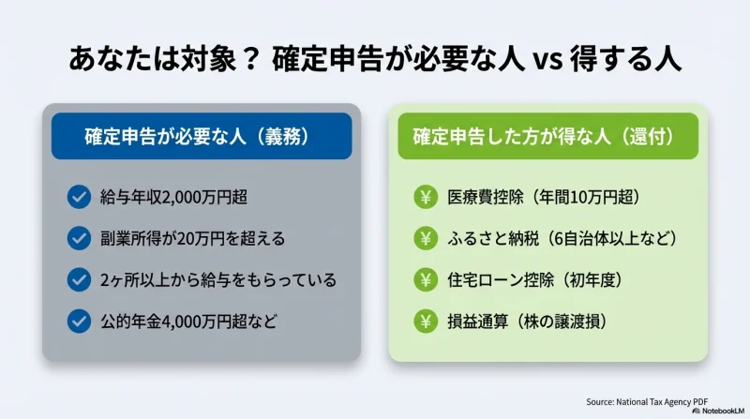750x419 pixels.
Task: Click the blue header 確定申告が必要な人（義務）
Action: [202, 136]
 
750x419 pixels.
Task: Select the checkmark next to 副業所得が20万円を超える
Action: [79, 238]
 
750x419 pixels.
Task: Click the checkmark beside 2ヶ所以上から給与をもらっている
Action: [79, 279]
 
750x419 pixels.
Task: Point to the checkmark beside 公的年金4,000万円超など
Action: [79, 321]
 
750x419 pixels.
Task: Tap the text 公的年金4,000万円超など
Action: [189, 321]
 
